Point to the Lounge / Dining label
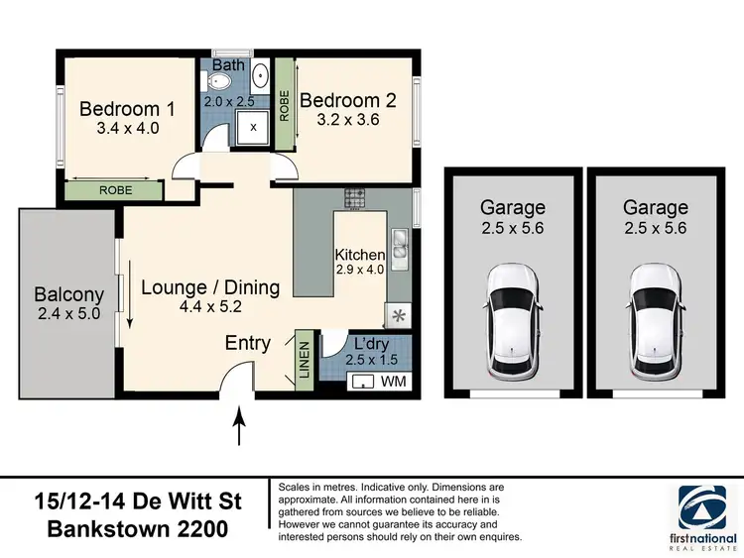(x=210, y=287)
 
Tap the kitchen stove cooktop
(x=356, y=198)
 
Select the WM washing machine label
(x=394, y=382)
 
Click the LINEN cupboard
(x=305, y=362)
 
